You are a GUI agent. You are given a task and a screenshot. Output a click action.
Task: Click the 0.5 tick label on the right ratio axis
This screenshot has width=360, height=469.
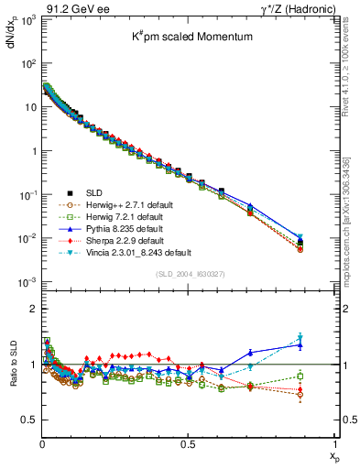coord(347,420)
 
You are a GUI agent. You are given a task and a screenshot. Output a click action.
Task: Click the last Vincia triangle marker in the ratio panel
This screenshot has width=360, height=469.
coord(325,338)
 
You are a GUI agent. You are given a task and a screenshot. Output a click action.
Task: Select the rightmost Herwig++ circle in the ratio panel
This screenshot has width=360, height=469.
coord(325,395)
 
